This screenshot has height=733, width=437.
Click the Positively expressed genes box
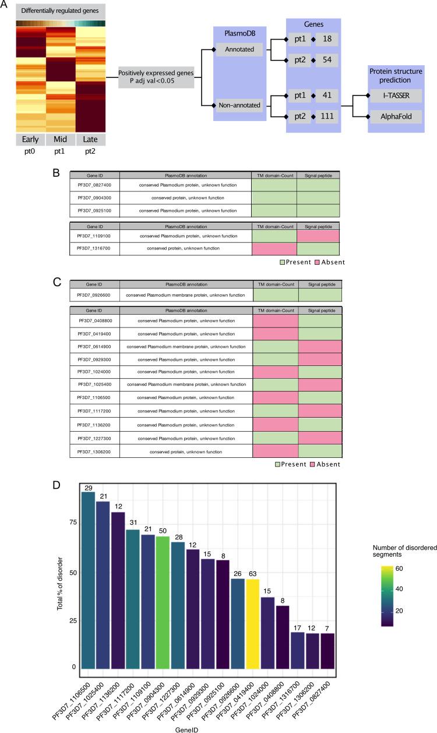tap(155, 76)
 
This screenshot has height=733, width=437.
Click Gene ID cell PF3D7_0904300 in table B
tap(94, 198)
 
